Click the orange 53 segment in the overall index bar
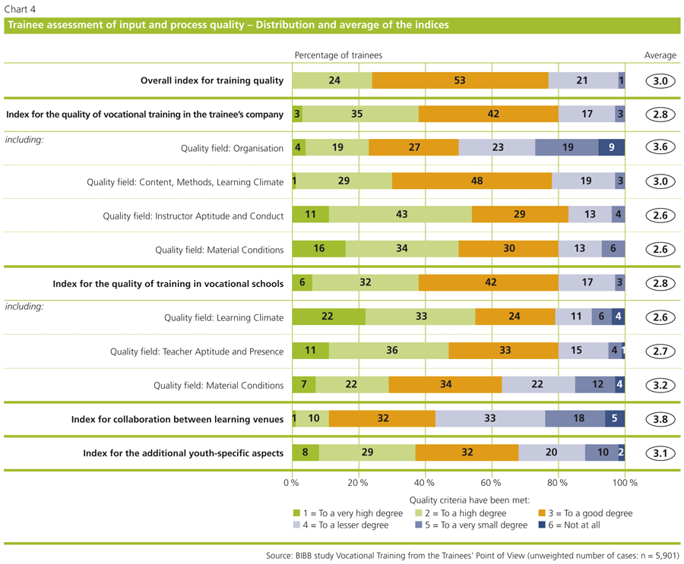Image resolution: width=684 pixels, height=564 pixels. coord(460,80)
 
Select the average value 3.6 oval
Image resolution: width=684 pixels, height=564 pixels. coord(660,148)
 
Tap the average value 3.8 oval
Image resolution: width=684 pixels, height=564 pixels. coord(660,419)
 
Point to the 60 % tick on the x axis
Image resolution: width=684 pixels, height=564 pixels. coord(491,483)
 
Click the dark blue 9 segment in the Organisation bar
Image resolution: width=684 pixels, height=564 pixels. coord(612,148)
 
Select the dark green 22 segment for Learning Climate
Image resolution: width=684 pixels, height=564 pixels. coord(328,317)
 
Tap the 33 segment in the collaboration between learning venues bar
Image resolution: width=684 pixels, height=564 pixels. coord(490,419)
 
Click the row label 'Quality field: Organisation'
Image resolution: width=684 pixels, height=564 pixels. coord(232,149)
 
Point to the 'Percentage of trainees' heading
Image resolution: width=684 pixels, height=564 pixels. coord(338,55)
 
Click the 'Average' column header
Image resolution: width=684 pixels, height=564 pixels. coord(660,55)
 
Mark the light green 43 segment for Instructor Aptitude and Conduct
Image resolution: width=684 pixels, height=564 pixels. coord(401,216)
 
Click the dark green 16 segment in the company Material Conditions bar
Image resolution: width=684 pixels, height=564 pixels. coord(318,249)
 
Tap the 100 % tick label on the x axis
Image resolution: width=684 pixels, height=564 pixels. coord(625,483)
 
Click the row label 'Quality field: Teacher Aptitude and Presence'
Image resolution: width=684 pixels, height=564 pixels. coord(197,351)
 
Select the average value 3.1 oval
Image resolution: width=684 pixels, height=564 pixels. coord(660,453)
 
